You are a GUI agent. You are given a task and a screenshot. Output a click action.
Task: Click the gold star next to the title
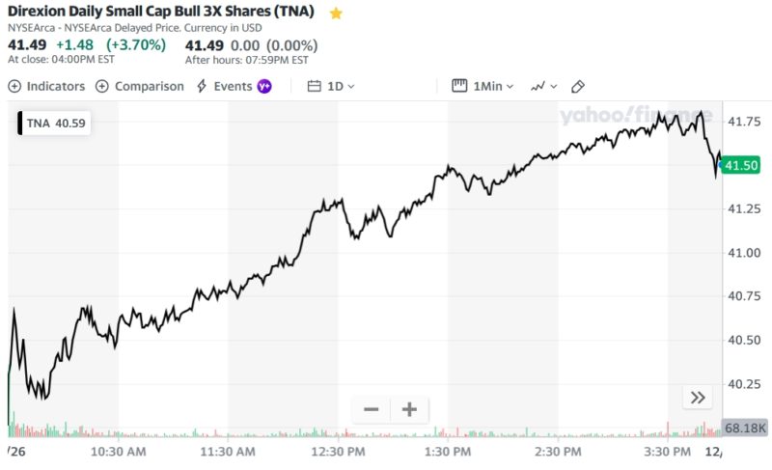[x=336, y=14]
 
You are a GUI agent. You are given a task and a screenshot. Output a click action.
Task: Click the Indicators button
[x=46, y=86]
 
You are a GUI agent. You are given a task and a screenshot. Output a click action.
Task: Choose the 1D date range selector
[x=331, y=86]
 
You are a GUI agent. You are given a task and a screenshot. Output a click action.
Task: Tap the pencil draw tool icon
[x=578, y=86]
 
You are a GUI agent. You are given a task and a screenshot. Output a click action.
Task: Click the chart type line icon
[x=543, y=86]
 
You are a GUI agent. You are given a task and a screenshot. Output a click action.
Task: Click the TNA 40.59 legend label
[x=55, y=123]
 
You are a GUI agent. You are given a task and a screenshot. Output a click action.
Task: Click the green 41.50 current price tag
[x=741, y=165]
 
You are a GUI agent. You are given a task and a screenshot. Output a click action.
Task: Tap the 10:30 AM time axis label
[x=119, y=451]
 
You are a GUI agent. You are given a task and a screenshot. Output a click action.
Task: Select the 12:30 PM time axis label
[x=339, y=451]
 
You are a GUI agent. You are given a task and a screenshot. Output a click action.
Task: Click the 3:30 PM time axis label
[x=668, y=451]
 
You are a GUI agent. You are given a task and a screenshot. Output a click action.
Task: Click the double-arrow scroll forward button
[x=697, y=397]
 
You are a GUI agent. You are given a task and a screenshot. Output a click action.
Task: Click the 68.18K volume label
[x=744, y=428]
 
